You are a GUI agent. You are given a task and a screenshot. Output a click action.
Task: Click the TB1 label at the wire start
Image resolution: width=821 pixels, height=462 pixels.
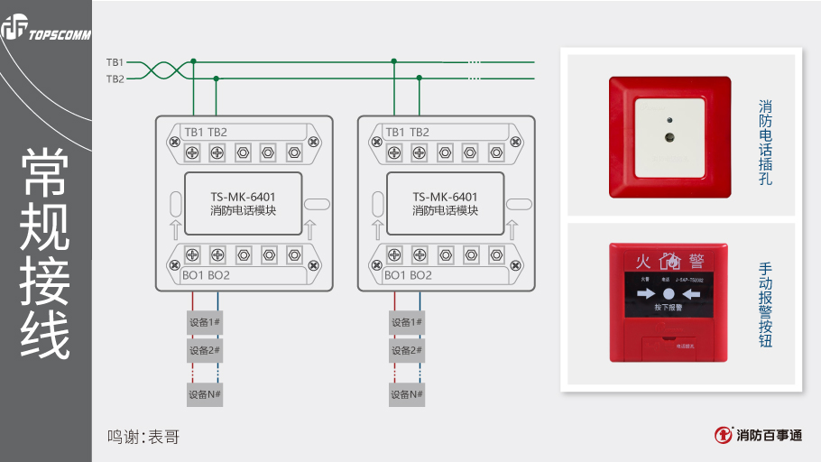(115, 62)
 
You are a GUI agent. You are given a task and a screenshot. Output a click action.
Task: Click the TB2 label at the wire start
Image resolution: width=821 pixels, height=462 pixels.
(115, 79)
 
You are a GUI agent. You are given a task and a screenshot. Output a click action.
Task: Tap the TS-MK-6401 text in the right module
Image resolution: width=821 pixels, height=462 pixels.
(445, 197)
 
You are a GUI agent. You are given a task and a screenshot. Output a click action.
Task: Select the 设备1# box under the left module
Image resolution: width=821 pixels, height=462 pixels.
(205, 322)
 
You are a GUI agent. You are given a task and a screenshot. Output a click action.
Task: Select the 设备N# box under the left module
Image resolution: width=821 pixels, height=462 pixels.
(205, 394)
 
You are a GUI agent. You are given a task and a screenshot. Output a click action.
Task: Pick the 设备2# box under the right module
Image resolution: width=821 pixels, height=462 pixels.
(407, 349)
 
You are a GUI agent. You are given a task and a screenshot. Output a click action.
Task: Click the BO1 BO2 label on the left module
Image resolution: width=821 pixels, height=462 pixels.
(206, 275)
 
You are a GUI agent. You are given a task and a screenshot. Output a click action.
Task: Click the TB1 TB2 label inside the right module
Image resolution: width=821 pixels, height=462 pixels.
(408, 132)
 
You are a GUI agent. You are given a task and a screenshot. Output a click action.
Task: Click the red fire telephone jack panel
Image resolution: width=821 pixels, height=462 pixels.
(669, 137)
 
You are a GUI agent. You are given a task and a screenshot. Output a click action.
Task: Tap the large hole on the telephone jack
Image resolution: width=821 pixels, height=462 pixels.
(669, 138)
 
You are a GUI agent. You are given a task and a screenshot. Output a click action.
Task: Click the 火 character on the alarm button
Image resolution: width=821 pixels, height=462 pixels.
(642, 262)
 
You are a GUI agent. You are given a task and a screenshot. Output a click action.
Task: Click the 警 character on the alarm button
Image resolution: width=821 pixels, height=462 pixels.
(696, 262)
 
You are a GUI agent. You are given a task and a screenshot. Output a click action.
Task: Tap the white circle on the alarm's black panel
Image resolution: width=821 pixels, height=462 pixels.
(669, 293)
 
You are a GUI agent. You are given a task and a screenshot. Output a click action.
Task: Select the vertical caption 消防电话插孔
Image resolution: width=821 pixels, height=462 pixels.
(765, 143)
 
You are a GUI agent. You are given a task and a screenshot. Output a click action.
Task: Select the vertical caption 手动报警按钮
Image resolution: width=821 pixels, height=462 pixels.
(765, 305)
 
